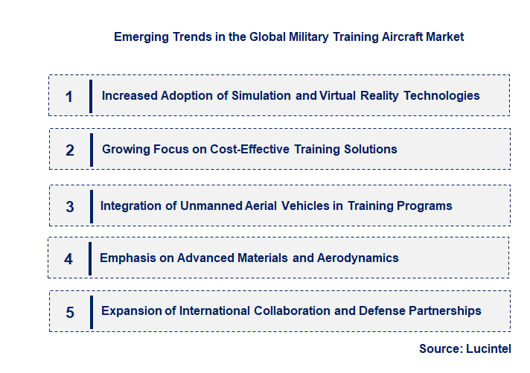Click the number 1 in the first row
[69, 96]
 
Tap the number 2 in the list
[70, 150]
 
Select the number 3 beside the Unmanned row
[70, 206]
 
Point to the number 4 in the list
[68, 259]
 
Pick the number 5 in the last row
[70, 312]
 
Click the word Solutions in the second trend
[368, 150]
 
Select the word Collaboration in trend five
[291, 311]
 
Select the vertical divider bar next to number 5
[91, 311]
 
